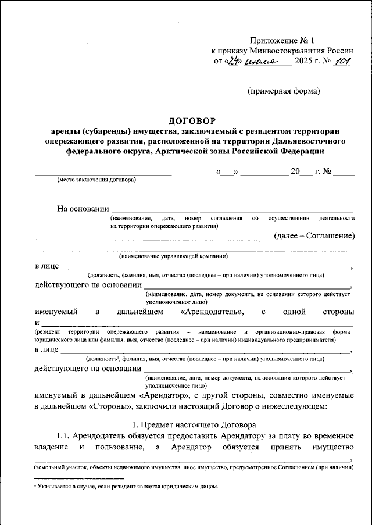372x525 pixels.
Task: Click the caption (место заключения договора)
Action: (x=96, y=180)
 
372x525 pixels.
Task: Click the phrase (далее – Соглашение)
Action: (x=314, y=235)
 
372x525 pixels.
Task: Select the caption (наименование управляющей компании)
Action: (x=173, y=256)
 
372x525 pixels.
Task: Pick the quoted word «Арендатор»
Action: (x=169, y=394)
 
